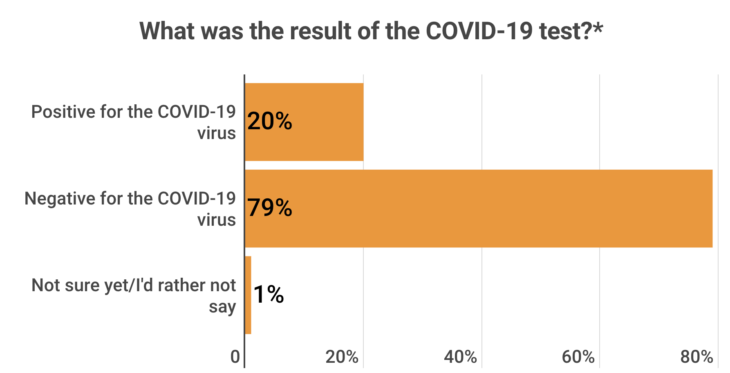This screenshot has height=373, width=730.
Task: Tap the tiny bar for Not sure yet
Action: click(248, 295)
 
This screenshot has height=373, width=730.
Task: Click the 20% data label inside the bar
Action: click(270, 121)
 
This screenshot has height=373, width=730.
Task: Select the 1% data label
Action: click(269, 294)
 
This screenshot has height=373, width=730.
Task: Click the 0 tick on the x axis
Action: click(235, 357)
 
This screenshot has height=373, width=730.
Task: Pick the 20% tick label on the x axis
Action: click(342, 357)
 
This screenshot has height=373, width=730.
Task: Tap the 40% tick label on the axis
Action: click(460, 357)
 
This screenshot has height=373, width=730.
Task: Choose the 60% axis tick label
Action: click(578, 357)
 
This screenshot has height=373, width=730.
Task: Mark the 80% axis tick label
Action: click(696, 357)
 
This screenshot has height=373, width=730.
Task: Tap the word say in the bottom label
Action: click(222, 307)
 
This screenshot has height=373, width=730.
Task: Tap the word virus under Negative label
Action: click(217, 220)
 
